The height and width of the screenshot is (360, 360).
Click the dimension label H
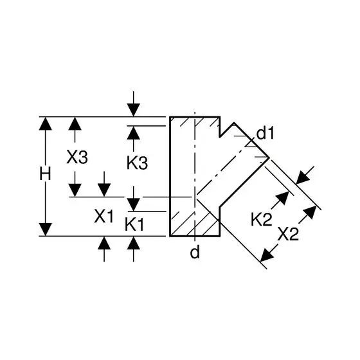[45, 174]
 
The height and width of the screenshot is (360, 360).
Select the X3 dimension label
[77, 157]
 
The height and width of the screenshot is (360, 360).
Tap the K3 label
[138, 163]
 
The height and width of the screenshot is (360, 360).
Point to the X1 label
[104, 216]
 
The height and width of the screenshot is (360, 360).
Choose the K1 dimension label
[134, 224]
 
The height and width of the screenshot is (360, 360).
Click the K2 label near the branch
[261, 219]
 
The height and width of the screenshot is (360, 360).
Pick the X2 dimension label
[288, 234]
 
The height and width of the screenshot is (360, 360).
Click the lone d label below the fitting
[195, 252]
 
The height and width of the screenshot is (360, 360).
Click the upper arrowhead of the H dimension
[45, 123]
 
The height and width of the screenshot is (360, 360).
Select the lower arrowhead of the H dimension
[45, 230]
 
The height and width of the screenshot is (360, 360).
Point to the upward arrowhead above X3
[75, 123]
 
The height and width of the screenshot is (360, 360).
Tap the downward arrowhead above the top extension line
[134, 110]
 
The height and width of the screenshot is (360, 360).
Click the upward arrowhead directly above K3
[134, 132]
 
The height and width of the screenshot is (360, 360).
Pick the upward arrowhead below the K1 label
[134, 243]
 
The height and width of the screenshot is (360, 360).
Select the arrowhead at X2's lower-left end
[266, 255]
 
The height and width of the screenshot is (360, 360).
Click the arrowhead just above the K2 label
[282, 197]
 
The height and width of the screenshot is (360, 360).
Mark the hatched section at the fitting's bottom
[195, 224]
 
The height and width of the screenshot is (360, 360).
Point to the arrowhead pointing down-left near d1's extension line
[302, 178]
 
